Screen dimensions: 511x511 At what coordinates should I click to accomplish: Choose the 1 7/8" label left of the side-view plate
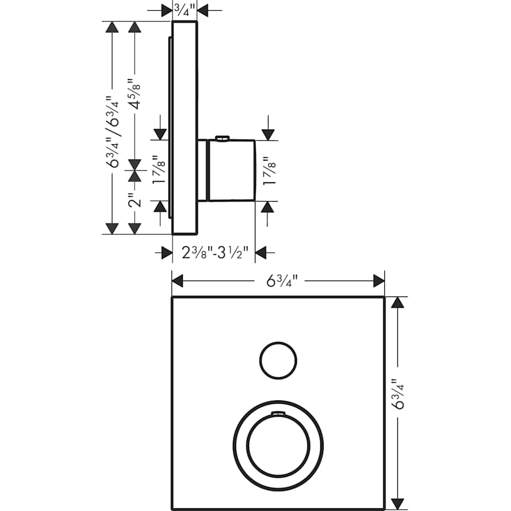click(160, 170)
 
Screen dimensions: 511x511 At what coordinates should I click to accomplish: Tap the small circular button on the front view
click(278, 360)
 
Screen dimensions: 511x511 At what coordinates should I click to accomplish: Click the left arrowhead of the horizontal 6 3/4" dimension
click(178, 280)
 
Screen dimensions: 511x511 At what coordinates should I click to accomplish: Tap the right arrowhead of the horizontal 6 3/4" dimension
click(379, 280)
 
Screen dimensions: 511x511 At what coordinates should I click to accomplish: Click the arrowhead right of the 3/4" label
click(203, 9)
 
